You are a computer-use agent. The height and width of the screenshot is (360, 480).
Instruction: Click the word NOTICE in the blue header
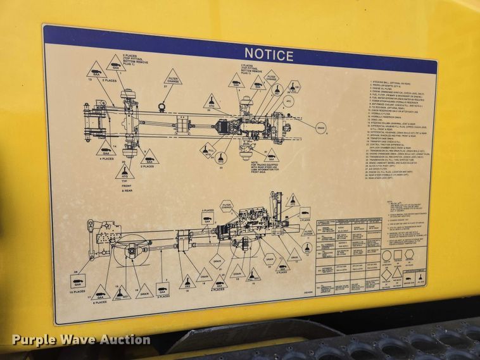tap(268, 55)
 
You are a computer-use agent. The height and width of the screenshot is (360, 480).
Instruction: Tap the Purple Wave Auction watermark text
tap(81, 340)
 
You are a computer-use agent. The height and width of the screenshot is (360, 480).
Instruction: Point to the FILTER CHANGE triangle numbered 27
tap(172, 78)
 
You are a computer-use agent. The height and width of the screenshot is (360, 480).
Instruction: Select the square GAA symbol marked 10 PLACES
tap(78, 279)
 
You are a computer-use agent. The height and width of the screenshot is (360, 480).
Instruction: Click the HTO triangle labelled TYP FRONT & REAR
tap(125, 171)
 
